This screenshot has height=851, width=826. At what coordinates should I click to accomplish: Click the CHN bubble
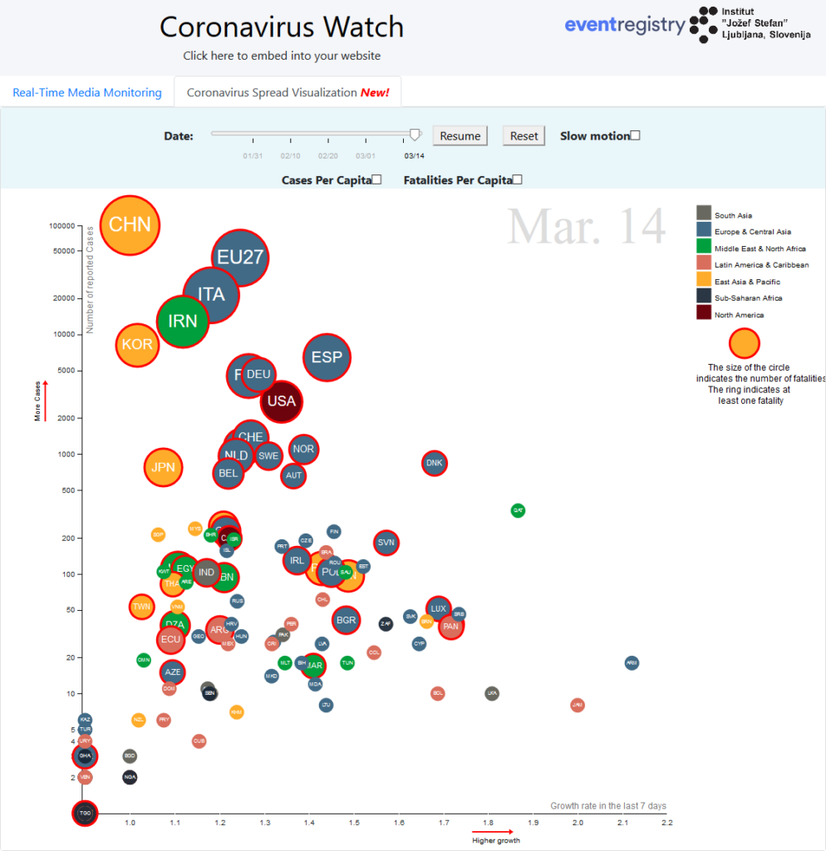pos(130,224)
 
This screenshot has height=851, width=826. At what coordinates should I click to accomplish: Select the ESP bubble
pos(327,357)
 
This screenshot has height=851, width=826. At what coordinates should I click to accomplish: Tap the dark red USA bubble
pos(282,401)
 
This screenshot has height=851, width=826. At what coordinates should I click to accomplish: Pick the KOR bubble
pos(137,345)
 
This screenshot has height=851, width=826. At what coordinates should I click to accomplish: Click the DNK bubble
pos(434,463)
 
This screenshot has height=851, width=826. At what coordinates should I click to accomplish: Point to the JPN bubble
pos(163,467)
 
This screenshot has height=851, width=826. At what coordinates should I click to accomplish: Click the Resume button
pos(460,136)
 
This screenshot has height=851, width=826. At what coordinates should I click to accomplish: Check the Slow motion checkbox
pos(635,136)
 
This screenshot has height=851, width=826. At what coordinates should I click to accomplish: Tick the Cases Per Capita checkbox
pos(376,180)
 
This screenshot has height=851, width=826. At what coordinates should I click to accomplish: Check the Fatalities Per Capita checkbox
pos(517,180)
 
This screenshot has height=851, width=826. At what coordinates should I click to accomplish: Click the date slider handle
pos(415,134)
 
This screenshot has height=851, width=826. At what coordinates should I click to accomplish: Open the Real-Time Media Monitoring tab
pos(87,92)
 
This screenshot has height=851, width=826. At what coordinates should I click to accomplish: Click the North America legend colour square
pos(704,312)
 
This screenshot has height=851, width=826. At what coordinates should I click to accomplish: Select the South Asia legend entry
pos(733,216)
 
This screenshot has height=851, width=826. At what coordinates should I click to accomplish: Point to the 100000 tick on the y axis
pos(62,225)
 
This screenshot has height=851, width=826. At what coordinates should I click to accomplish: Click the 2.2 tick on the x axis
pos(666,823)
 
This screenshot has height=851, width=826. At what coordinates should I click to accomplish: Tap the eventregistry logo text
pos(625,25)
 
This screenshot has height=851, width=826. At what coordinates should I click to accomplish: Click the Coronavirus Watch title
pos(282,27)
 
